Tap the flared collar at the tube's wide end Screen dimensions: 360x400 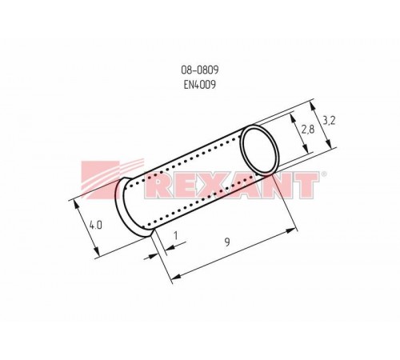[x=126, y=204]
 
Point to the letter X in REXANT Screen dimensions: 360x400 [x=220, y=186]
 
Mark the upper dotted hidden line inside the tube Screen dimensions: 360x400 [x=192, y=161]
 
